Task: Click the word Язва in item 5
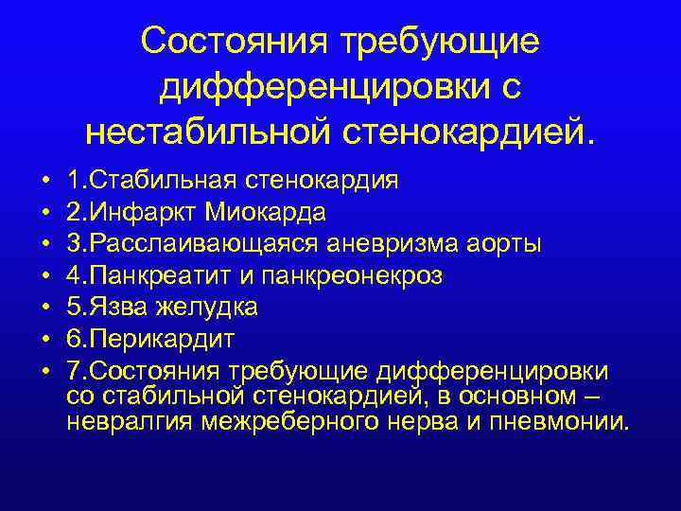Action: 112,308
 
